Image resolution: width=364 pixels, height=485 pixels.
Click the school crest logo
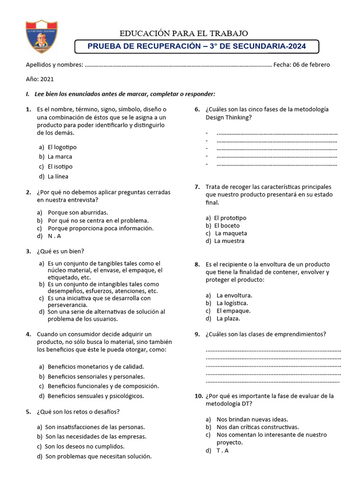[x=40, y=36]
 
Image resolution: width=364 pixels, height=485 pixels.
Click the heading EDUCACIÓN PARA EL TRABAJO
[x=183, y=33]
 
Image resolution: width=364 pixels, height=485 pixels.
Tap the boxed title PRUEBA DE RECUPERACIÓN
[x=197, y=46]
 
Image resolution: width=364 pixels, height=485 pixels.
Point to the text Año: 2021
[x=40, y=80]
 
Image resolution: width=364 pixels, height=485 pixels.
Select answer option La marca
[x=60, y=156]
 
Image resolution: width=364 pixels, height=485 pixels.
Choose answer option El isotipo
[x=60, y=166]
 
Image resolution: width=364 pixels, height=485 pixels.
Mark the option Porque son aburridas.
[x=78, y=212]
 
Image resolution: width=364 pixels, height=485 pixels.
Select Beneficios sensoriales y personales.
[x=96, y=376]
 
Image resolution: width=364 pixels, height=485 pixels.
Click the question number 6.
[x=197, y=109]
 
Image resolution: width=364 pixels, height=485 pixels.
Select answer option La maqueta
[x=231, y=233]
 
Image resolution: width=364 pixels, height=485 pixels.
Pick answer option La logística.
[x=232, y=303]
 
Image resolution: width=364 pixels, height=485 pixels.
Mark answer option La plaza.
[x=228, y=318]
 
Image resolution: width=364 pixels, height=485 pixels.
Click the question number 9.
[x=197, y=334]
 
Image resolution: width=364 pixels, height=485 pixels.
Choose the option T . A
[x=222, y=450]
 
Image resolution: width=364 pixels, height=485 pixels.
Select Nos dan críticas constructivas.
[x=257, y=427]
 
